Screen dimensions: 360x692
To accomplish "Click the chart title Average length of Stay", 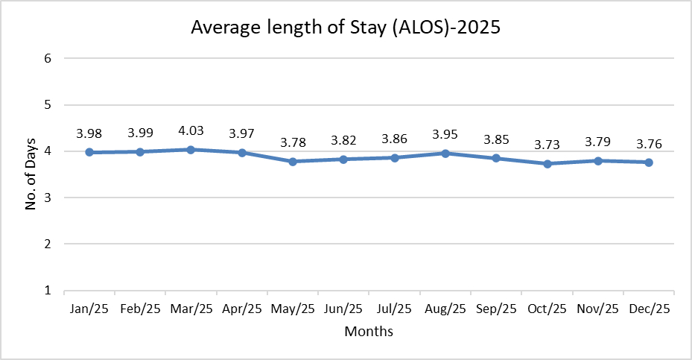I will (345, 28).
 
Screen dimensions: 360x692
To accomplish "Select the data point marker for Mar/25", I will (191, 150).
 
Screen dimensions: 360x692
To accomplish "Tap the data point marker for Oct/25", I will (547, 164).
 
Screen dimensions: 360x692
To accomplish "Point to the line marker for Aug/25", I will (445, 154).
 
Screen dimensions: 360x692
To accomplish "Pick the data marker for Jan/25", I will (89, 152).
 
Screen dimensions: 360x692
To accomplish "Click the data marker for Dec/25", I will (649, 162).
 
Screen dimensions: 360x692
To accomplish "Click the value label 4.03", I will (191, 130).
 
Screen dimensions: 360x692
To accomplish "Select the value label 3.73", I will (547, 144).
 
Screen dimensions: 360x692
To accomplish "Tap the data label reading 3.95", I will (445, 133).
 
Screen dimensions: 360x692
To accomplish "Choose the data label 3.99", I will (140, 133).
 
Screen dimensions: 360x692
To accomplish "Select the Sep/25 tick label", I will (496, 309).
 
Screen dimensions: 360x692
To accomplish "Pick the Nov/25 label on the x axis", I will (598, 309).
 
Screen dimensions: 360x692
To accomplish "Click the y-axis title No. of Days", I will (31, 174).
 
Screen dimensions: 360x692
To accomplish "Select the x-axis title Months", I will (369, 331).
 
